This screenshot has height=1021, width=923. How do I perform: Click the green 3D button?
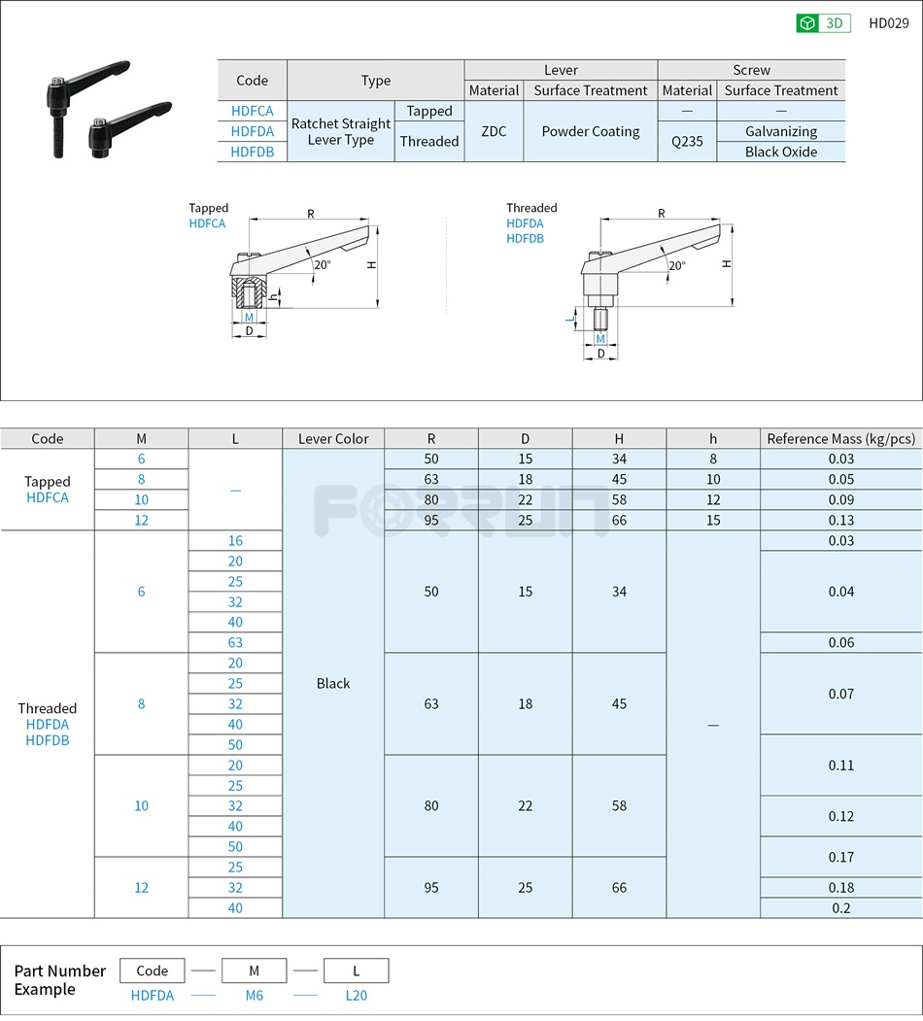tap(823, 23)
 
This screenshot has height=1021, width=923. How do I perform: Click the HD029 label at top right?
tap(888, 23)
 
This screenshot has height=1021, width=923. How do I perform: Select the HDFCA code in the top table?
tap(252, 111)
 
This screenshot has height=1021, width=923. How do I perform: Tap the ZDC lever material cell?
tap(494, 131)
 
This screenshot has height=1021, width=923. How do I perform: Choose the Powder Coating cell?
tap(591, 131)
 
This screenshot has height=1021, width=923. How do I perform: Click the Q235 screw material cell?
tap(687, 141)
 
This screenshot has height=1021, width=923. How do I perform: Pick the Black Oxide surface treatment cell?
tap(781, 152)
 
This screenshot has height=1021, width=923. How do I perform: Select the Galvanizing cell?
tap(781, 131)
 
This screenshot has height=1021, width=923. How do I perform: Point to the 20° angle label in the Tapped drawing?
tap(322, 264)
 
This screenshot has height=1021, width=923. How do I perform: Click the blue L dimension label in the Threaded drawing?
tap(572, 317)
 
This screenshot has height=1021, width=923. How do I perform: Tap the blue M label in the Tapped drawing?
tap(249, 317)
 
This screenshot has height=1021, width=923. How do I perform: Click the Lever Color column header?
tap(333, 438)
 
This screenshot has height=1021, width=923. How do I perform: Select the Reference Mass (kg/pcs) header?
tap(840, 438)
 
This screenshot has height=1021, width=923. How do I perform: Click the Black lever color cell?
tap(333, 683)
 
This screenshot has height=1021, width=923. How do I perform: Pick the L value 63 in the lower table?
tap(235, 642)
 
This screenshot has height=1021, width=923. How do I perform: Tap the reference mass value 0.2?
tap(840, 907)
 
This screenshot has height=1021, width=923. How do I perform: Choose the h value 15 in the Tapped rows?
tap(713, 520)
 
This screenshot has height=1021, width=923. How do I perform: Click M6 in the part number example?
tap(254, 995)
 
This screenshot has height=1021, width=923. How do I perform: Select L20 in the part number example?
tap(357, 995)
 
